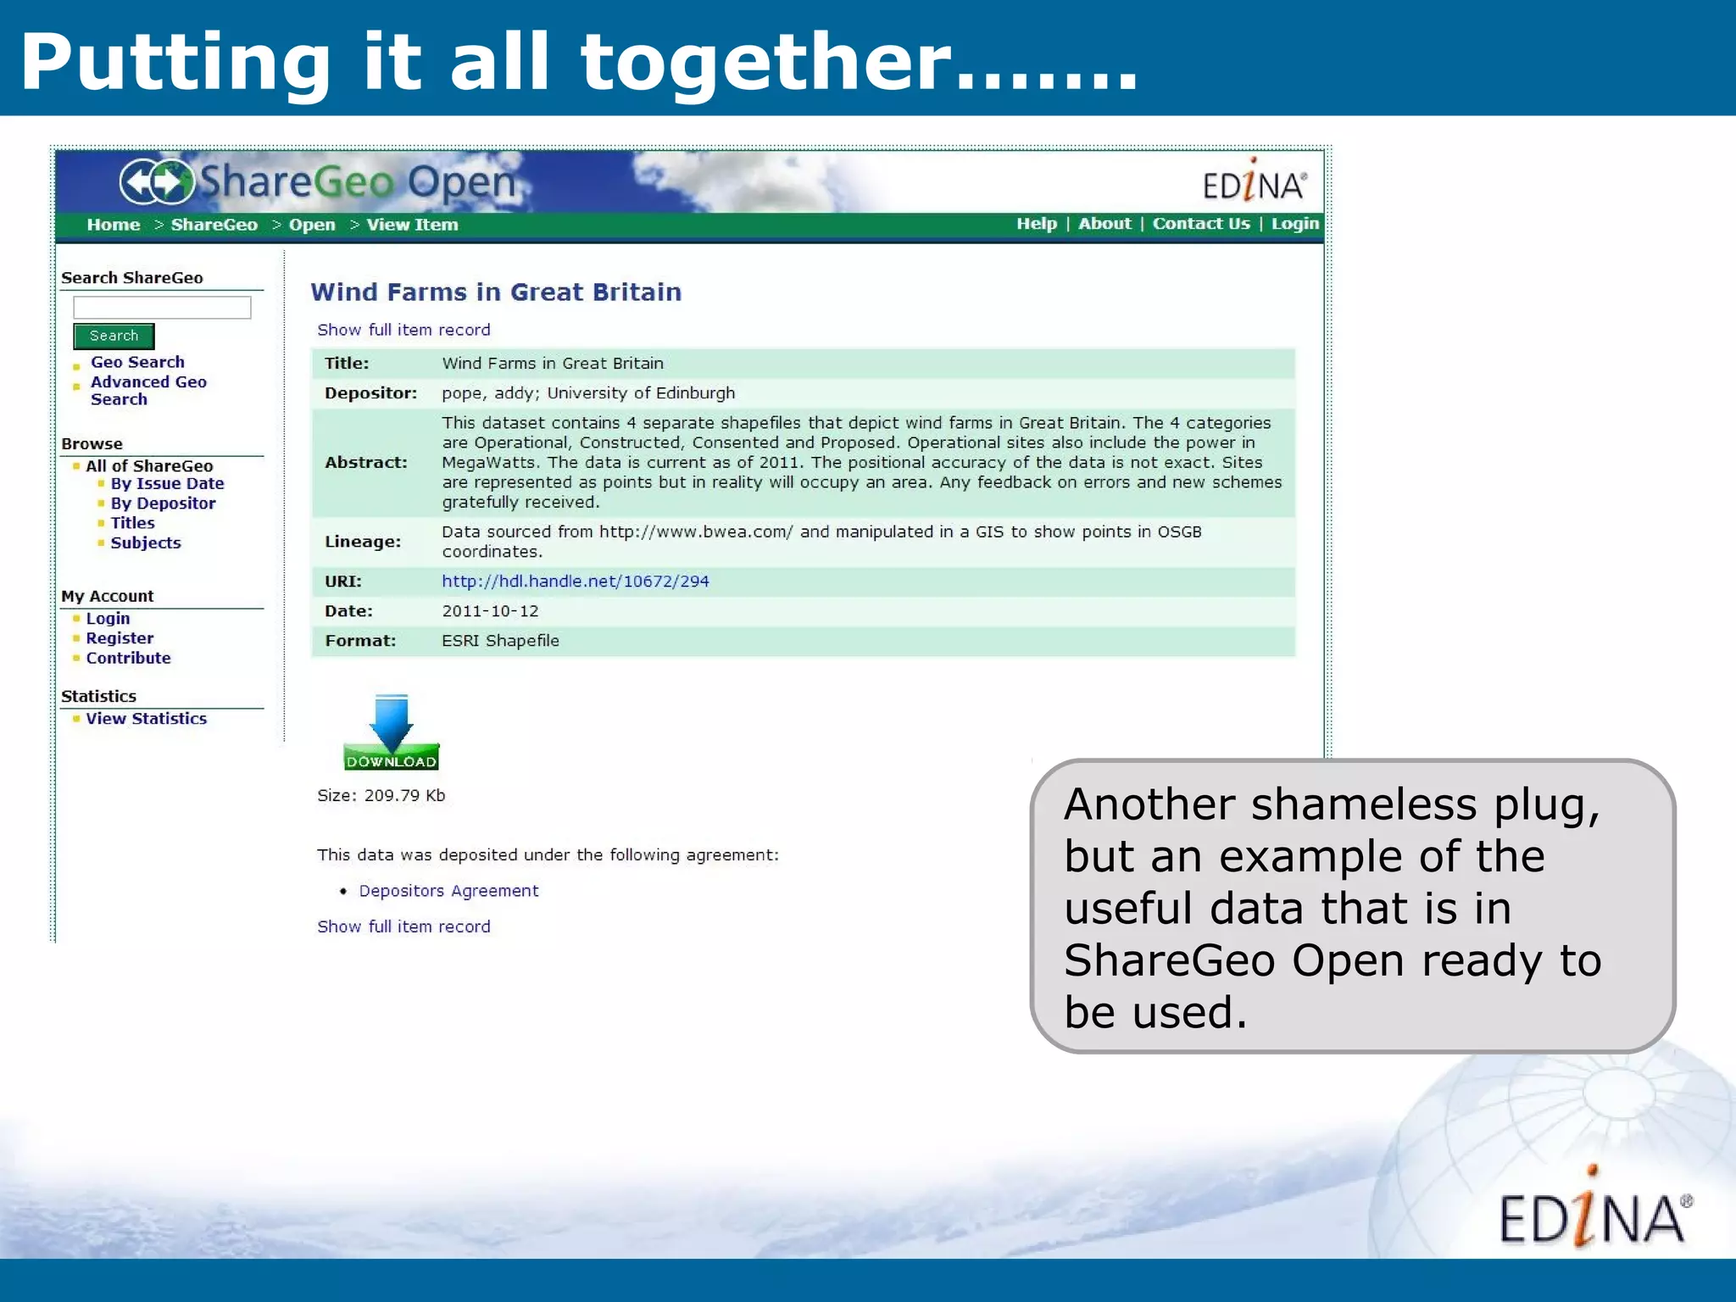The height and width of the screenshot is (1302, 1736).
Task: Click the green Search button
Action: tap(114, 336)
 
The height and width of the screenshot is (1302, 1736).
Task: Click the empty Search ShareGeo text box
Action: tap(162, 307)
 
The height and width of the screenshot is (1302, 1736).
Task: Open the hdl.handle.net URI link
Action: tap(575, 581)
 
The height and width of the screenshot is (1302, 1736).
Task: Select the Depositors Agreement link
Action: tap(448, 891)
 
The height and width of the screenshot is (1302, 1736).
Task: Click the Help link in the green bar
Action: tap(1036, 224)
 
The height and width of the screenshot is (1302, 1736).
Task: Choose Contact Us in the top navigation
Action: tap(1200, 224)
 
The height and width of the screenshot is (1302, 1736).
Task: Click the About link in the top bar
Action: tap(1104, 224)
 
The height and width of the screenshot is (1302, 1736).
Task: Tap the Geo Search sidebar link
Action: tap(137, 362)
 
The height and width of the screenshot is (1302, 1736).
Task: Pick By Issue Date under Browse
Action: tap(167, 484)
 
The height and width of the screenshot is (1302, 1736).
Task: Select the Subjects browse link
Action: tap(145, 543)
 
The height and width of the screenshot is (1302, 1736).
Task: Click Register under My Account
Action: tap(120, 638)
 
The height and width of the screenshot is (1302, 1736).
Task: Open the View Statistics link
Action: tap(146, 719)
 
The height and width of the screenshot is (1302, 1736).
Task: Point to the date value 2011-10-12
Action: tap(490, 611)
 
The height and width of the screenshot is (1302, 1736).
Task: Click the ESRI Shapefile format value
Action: tap(500, 641)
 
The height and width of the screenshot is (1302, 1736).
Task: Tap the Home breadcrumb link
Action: tap(113, 225)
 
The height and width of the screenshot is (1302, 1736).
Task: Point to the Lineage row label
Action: tap(363, 542)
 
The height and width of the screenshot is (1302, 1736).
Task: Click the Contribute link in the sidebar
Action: tap(128, 659)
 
